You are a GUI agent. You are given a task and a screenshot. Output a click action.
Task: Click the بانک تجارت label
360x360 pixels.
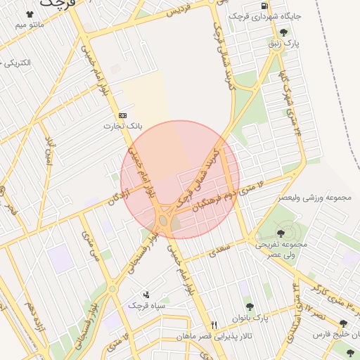124,127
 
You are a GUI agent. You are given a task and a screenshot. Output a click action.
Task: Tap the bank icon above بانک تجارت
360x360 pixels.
123,115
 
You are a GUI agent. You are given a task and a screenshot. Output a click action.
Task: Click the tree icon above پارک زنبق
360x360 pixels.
283,32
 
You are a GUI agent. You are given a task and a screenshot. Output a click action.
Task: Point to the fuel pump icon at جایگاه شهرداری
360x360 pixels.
264,4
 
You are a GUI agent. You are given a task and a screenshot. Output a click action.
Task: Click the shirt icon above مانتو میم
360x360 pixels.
30,14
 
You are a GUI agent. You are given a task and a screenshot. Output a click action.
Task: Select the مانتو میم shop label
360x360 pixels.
30,25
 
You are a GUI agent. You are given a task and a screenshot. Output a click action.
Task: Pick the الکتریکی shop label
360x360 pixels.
17,63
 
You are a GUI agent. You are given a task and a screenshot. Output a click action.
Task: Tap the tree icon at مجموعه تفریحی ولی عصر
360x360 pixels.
281,233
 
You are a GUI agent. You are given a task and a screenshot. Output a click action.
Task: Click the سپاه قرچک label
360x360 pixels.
146,306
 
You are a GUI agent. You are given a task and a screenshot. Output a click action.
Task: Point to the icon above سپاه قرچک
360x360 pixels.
146,295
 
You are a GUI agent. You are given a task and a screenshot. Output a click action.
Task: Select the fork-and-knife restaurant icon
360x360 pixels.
214,325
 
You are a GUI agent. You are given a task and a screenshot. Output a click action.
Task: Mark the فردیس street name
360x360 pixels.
179,12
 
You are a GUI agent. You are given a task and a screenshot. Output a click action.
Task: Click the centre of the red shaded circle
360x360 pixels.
180,179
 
